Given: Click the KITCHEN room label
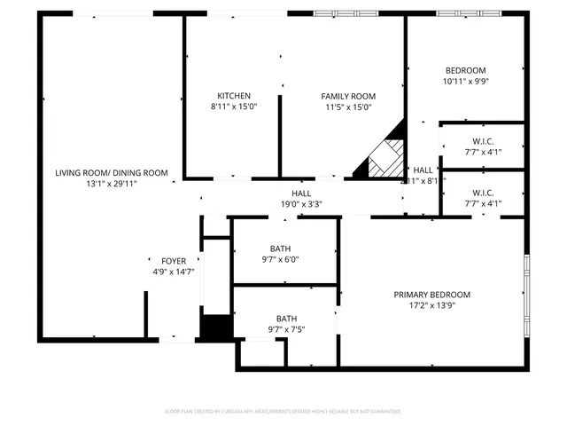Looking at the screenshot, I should coord(234,96).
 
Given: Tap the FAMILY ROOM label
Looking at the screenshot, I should coord(348,96).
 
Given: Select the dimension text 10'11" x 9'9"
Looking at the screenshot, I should coord(465,82).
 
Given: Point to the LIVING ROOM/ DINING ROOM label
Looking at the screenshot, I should coord(111,172).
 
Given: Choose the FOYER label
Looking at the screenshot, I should coord(173,261).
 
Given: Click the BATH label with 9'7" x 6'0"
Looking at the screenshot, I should coord(280,248).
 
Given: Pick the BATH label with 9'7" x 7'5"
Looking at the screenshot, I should coord(286,319).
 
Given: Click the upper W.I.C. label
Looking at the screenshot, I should coord(483,141).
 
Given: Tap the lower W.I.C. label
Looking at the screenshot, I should coord(483,193).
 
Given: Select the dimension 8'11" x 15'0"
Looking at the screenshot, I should coord(234,106).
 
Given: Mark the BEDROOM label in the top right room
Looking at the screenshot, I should coord(465,71).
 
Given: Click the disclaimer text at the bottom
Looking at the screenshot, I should coord(283,411).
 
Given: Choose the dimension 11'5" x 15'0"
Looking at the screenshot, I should coord(348,106).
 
